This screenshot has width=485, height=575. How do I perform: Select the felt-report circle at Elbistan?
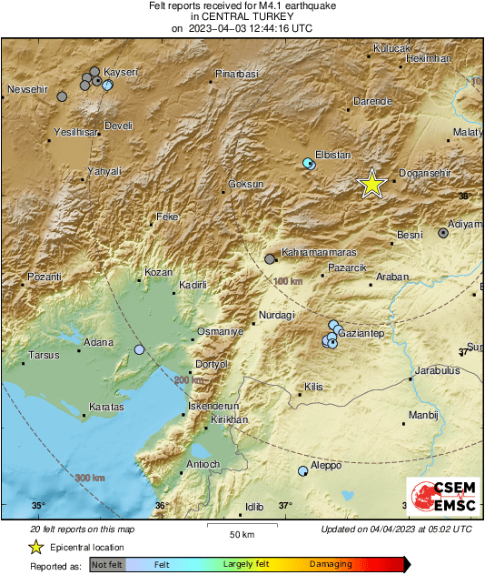coord(308,164)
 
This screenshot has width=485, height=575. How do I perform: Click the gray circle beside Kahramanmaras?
coord(270,259)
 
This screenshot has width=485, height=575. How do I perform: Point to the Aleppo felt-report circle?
coord(302,471)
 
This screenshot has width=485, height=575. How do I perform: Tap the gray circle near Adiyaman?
coord(443,233)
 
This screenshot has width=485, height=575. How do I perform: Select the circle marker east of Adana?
coord(139,349)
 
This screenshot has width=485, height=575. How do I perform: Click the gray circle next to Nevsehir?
coord(62,96)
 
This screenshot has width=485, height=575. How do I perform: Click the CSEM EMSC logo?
coord(439,498)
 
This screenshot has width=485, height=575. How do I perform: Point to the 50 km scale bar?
coord(240,526)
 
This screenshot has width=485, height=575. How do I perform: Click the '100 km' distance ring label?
coord(287,281)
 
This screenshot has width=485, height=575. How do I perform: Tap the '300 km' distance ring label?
coord(89,478)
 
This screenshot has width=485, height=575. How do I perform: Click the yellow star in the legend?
coord(35,547)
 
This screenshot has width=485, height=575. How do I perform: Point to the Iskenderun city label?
coord(212,405)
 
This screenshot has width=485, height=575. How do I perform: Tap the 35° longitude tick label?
coord(38,506)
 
